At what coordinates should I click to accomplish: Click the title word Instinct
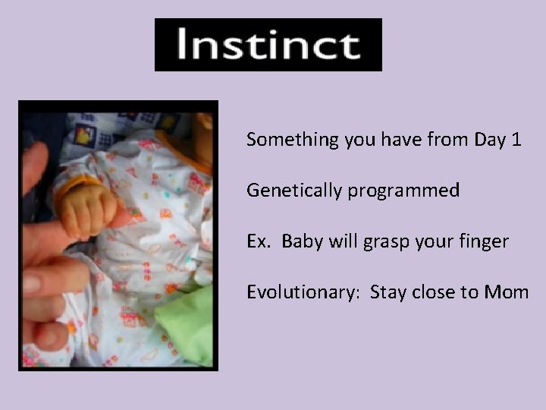coord(268,46)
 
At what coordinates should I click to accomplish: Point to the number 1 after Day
coord(516,140)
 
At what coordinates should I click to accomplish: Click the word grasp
coord(385,242)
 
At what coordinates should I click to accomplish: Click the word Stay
coord(389,292)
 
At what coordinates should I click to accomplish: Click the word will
coord(340,241)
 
